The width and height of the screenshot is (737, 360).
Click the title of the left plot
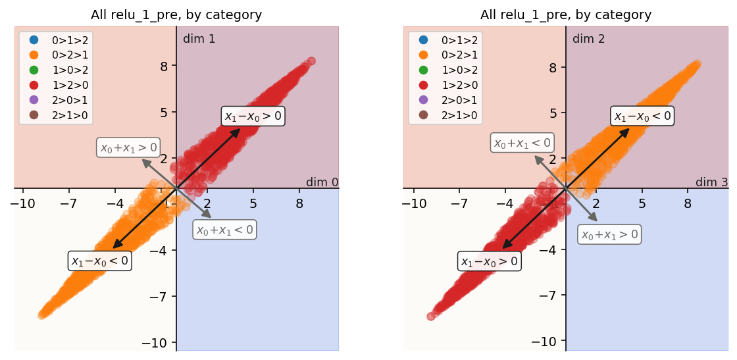(176, 15)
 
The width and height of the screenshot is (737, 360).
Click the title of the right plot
(566, 15)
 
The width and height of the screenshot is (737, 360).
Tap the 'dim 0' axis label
(322, 182)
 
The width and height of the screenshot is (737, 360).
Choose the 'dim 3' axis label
(711, 182)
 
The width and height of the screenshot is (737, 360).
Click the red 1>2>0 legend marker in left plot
(33, 85)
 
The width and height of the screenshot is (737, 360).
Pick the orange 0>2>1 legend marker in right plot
(422, 55)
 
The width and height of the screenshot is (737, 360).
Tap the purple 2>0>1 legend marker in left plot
(33, 100)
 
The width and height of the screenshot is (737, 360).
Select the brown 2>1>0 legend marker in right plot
(422, 115)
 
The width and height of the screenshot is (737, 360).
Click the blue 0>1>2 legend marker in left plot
(33, 40)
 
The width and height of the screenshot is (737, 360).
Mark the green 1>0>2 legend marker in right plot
(422, 70)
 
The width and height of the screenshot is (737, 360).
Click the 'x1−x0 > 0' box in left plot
(253, 116)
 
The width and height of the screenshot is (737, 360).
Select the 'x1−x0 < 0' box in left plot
(99, 261)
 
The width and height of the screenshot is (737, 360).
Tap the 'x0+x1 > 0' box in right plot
(609, 234)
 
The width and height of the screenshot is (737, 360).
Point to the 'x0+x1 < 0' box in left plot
(224, 230)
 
